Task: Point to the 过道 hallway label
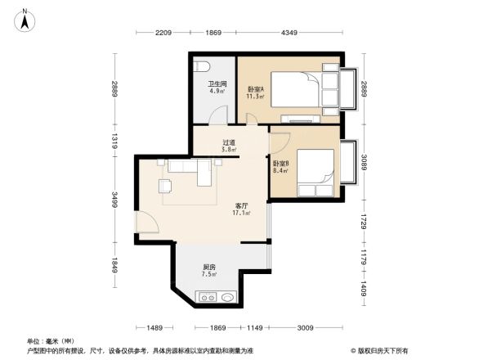[x=230, y=142]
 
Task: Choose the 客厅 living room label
[x=242, y=205]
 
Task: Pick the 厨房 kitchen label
[x=209, y=268]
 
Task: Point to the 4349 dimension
[x=289, y=33]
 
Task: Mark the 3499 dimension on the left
[x=115, y=200]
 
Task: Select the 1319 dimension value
[x=115, y=138]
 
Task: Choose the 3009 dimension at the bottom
[x=305, y=328]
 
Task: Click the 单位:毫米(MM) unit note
[x=50, y=340]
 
